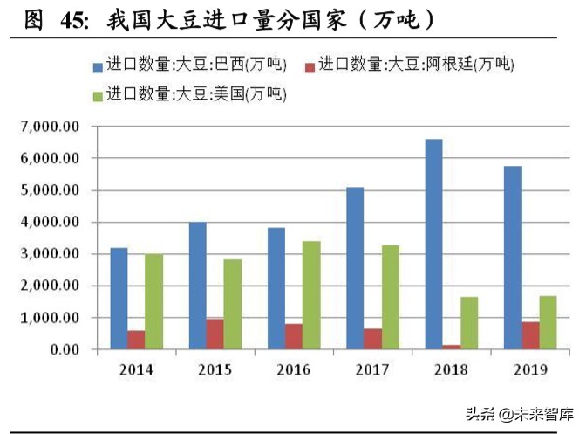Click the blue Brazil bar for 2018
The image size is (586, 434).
pos(433,245)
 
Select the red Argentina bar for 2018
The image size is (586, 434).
pos(452,347)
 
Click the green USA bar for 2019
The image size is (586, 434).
pos(548,322)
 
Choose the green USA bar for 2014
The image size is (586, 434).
pos(154,302)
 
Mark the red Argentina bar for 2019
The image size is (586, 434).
pos(529,335)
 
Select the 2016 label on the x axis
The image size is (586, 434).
pos(293,370)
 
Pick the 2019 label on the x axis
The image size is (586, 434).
pos(529,370)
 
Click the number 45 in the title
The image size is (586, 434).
pos(74,19)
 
